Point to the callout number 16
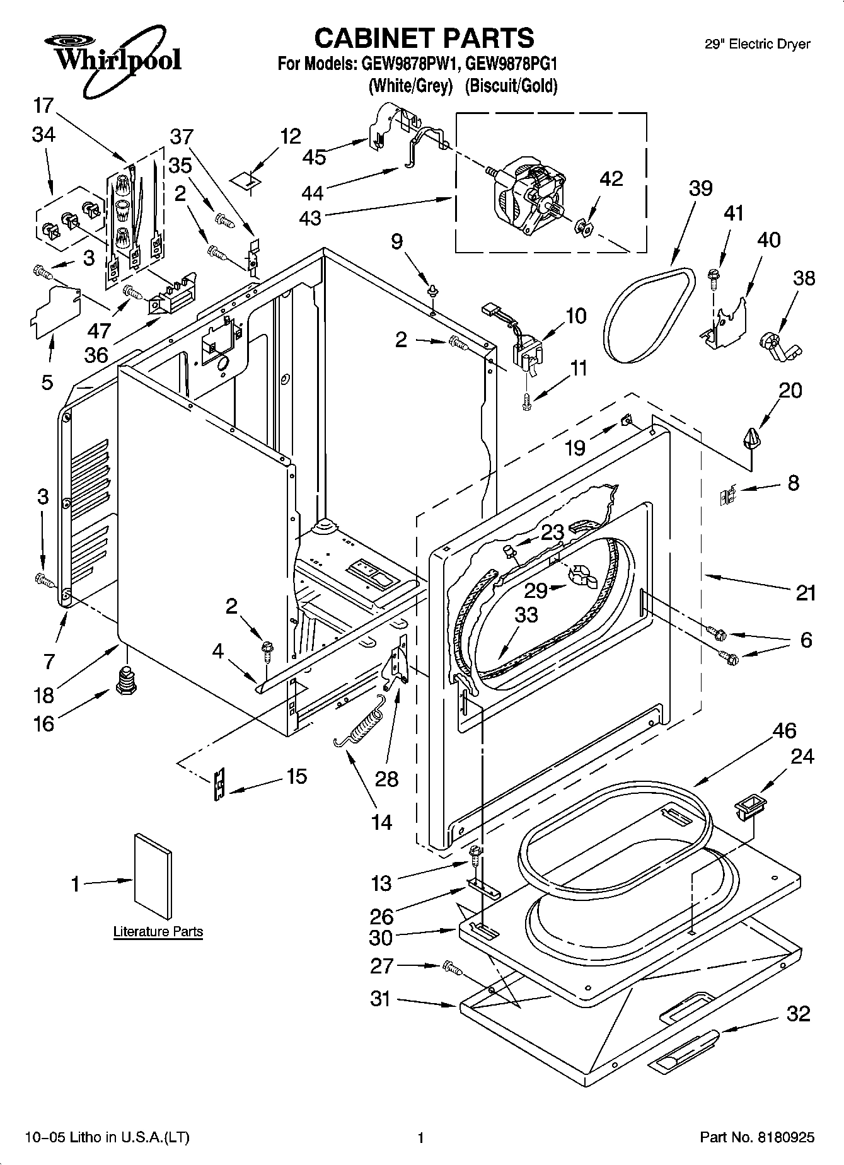[x=43, y=723]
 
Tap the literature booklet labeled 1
[x=153, y=877]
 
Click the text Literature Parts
[x=158, y=931]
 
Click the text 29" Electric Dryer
[x=756, y=44]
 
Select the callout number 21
[x=806, y=592]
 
